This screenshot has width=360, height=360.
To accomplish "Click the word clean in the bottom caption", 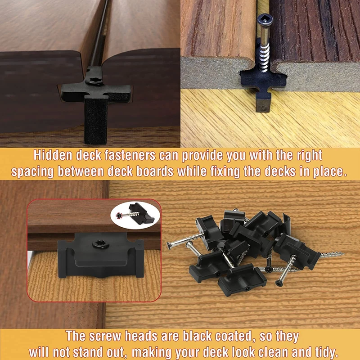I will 267,351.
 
